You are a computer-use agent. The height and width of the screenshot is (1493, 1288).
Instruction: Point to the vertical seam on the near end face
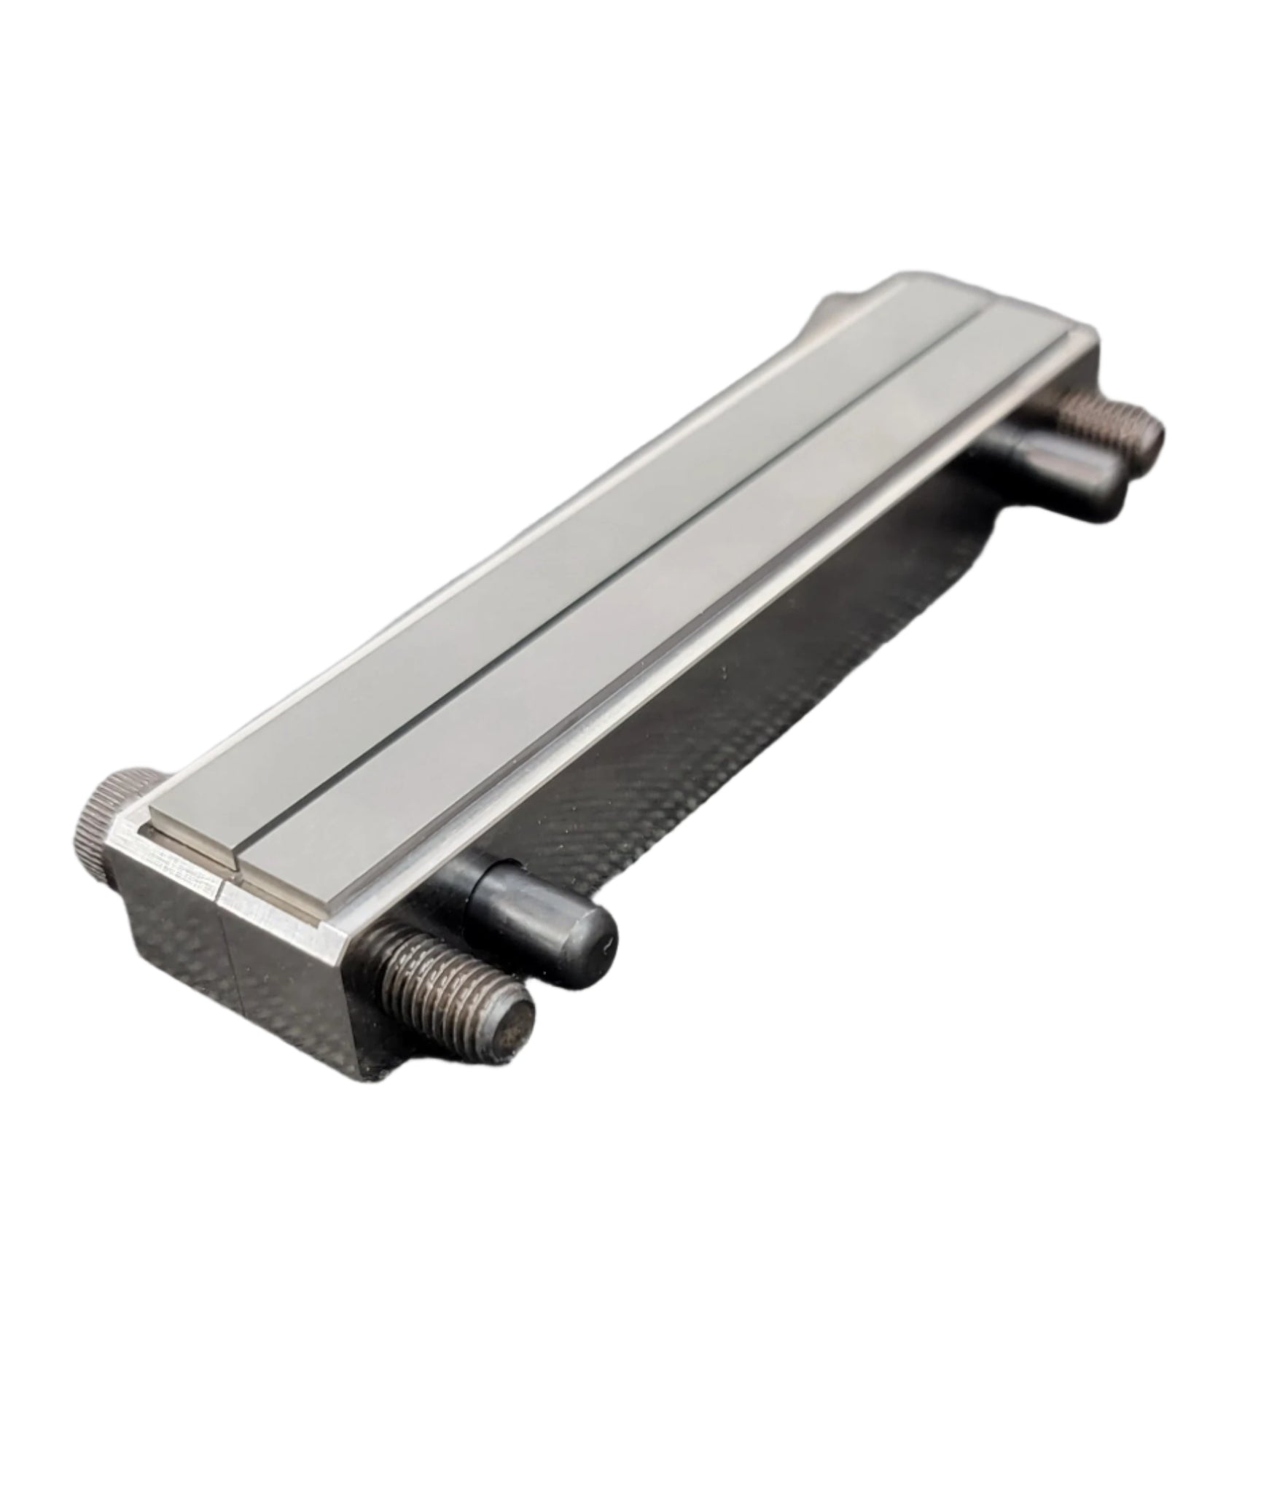click(222, 948)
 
